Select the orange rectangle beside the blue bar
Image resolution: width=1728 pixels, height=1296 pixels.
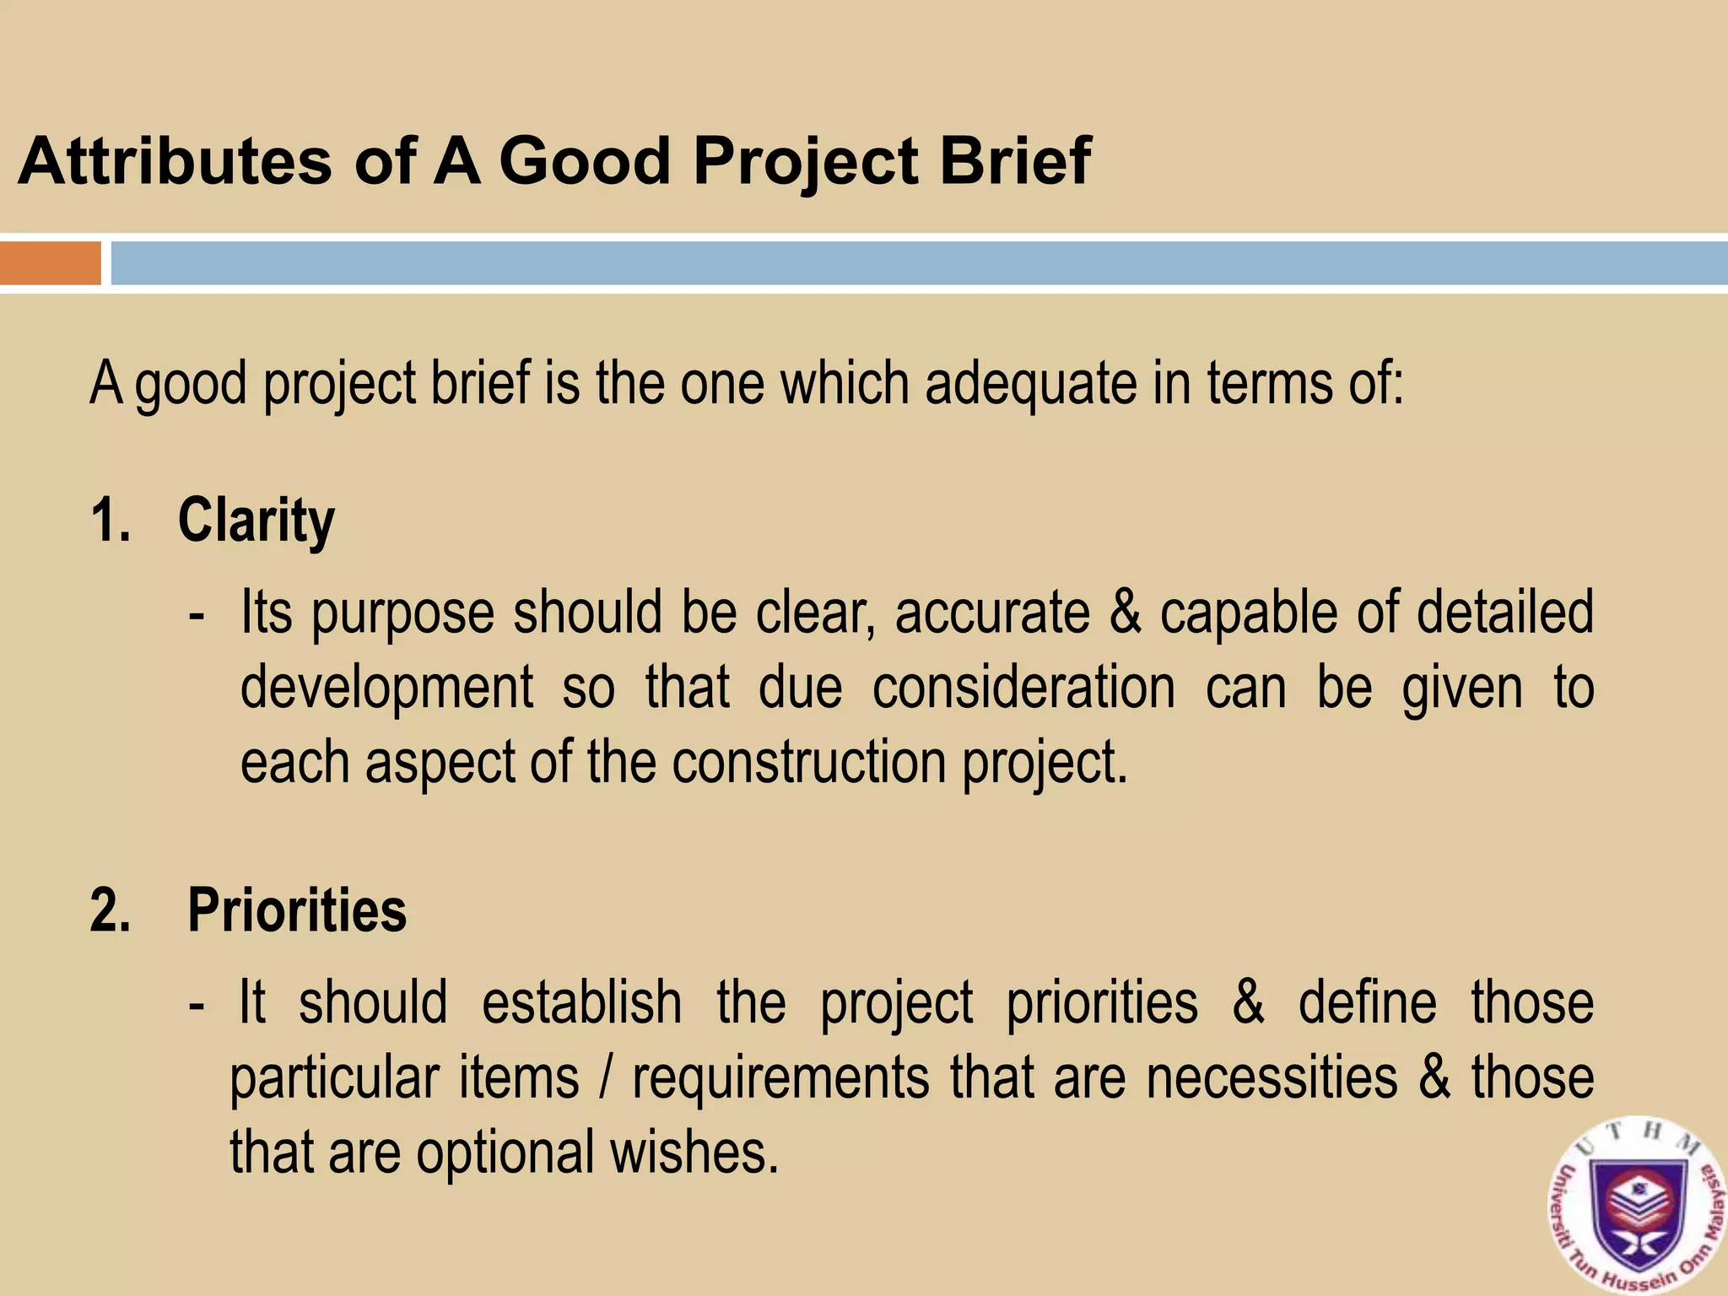point(50,263)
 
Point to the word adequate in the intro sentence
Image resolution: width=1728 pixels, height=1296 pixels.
point(1030,384)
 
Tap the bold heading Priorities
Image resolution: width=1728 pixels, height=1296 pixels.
point(296,910)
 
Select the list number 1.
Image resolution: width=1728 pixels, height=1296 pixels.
point(110,521)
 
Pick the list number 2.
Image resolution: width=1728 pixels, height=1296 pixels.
point(111,911)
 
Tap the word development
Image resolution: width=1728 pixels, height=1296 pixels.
point(386,688)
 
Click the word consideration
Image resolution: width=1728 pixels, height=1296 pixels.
point(1023,687)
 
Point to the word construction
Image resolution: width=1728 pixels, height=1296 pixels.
point(809,762)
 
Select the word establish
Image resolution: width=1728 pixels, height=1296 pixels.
point(581,1003)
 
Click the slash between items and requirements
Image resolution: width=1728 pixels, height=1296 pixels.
point(604,1078)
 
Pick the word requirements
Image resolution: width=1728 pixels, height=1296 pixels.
point(780,1079)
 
